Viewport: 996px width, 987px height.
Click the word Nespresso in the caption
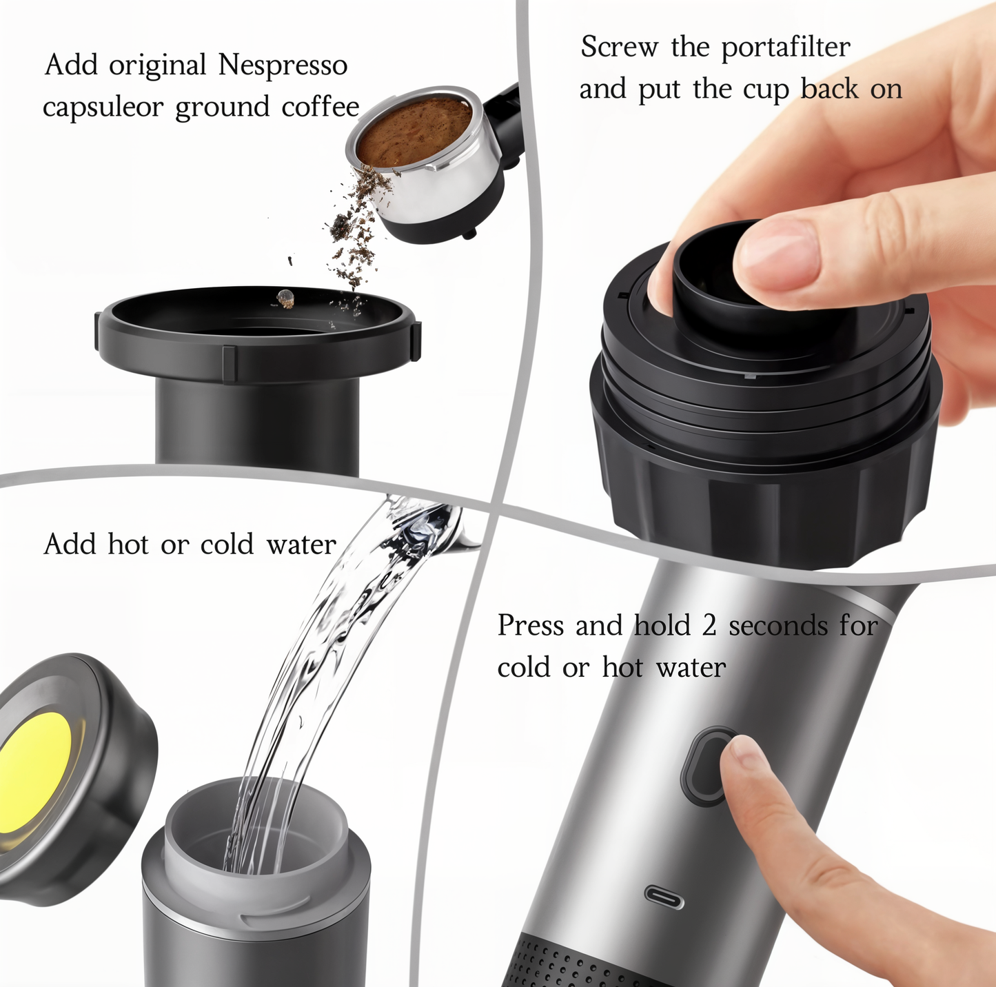(283, 65)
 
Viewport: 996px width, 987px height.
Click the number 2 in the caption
(709, 626)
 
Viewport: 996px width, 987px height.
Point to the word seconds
(778, 626)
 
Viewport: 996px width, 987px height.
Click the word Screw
(619, 48)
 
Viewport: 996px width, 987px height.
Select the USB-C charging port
(664, 897)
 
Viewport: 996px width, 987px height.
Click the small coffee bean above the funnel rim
(285, 298)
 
